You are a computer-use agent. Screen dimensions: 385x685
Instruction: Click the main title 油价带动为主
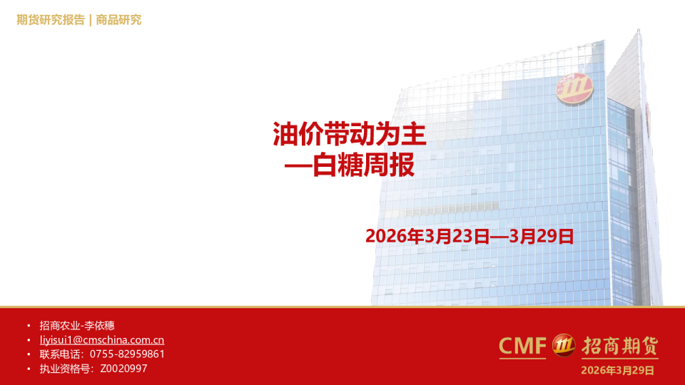[350, 133]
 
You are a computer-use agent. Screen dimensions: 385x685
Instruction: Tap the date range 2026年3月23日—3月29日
[470, 236]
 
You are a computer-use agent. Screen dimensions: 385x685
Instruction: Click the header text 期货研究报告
[51, 20]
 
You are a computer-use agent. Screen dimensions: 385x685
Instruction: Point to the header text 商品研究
[118, 20]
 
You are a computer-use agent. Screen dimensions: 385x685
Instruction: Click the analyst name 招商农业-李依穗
[72, 326]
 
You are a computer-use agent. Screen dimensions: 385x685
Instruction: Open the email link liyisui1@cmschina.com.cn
[102, 340]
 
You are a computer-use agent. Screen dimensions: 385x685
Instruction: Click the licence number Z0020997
[124, 369]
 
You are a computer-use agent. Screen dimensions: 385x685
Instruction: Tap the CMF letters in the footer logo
[522, 346]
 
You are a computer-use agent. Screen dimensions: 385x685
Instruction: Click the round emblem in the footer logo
[564, 346]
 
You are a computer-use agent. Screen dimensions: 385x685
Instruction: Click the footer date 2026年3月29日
[617, 370]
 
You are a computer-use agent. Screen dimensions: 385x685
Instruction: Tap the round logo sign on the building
[575, 88]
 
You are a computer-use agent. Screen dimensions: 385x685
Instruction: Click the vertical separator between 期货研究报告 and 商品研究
[90, 20]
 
